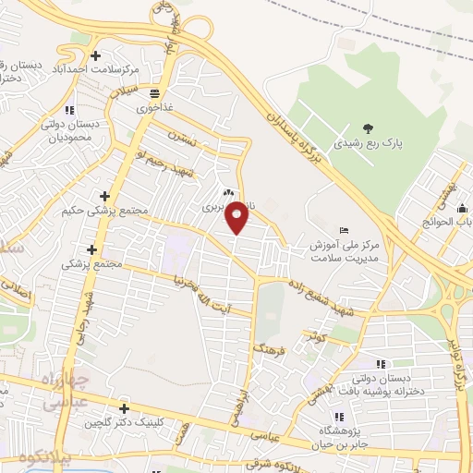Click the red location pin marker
(x=237, y=217)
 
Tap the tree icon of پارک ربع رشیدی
(x=369, y=128)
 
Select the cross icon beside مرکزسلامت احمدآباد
(x=121, y=55)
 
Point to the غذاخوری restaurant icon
(x=154, y=93)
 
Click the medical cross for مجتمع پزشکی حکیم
(x=104, y=196)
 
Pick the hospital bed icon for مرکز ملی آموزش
(x=345, y=230)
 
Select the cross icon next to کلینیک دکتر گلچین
(x=124, y=408)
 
